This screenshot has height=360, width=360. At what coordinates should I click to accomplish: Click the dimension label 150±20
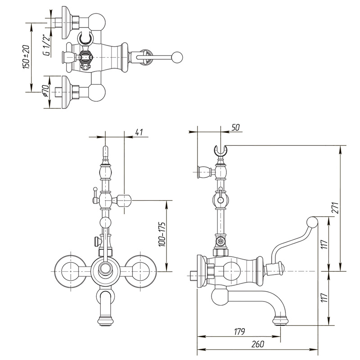27,56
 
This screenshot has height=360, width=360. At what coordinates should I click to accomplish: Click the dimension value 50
235,128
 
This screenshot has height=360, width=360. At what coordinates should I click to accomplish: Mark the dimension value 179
239,332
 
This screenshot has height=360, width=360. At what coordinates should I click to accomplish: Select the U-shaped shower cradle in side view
220,150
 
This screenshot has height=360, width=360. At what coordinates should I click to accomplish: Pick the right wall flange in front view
141,271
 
